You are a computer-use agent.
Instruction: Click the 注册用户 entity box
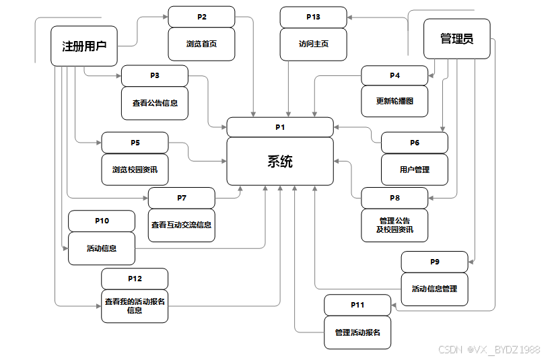84,46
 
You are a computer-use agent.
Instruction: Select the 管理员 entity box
456,39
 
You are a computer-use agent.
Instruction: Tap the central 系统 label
280,161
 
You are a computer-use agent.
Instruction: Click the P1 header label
280,127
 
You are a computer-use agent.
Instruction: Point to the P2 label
201,16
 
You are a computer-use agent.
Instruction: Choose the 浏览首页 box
201,44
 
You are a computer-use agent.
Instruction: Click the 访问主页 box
314,44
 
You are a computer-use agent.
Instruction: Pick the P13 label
314,17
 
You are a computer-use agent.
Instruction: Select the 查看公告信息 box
155,104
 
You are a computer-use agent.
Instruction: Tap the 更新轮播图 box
394,102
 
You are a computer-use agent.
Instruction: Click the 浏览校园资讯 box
135,170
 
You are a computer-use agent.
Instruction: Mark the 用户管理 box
414,170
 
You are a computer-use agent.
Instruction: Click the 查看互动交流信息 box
181,225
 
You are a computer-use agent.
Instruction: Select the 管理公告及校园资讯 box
394,225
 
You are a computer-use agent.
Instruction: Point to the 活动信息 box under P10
102,248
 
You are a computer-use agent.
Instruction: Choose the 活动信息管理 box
434,289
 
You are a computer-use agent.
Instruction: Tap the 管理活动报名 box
357,332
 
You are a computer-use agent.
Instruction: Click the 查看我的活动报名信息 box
135,306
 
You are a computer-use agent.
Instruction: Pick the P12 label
135,279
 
